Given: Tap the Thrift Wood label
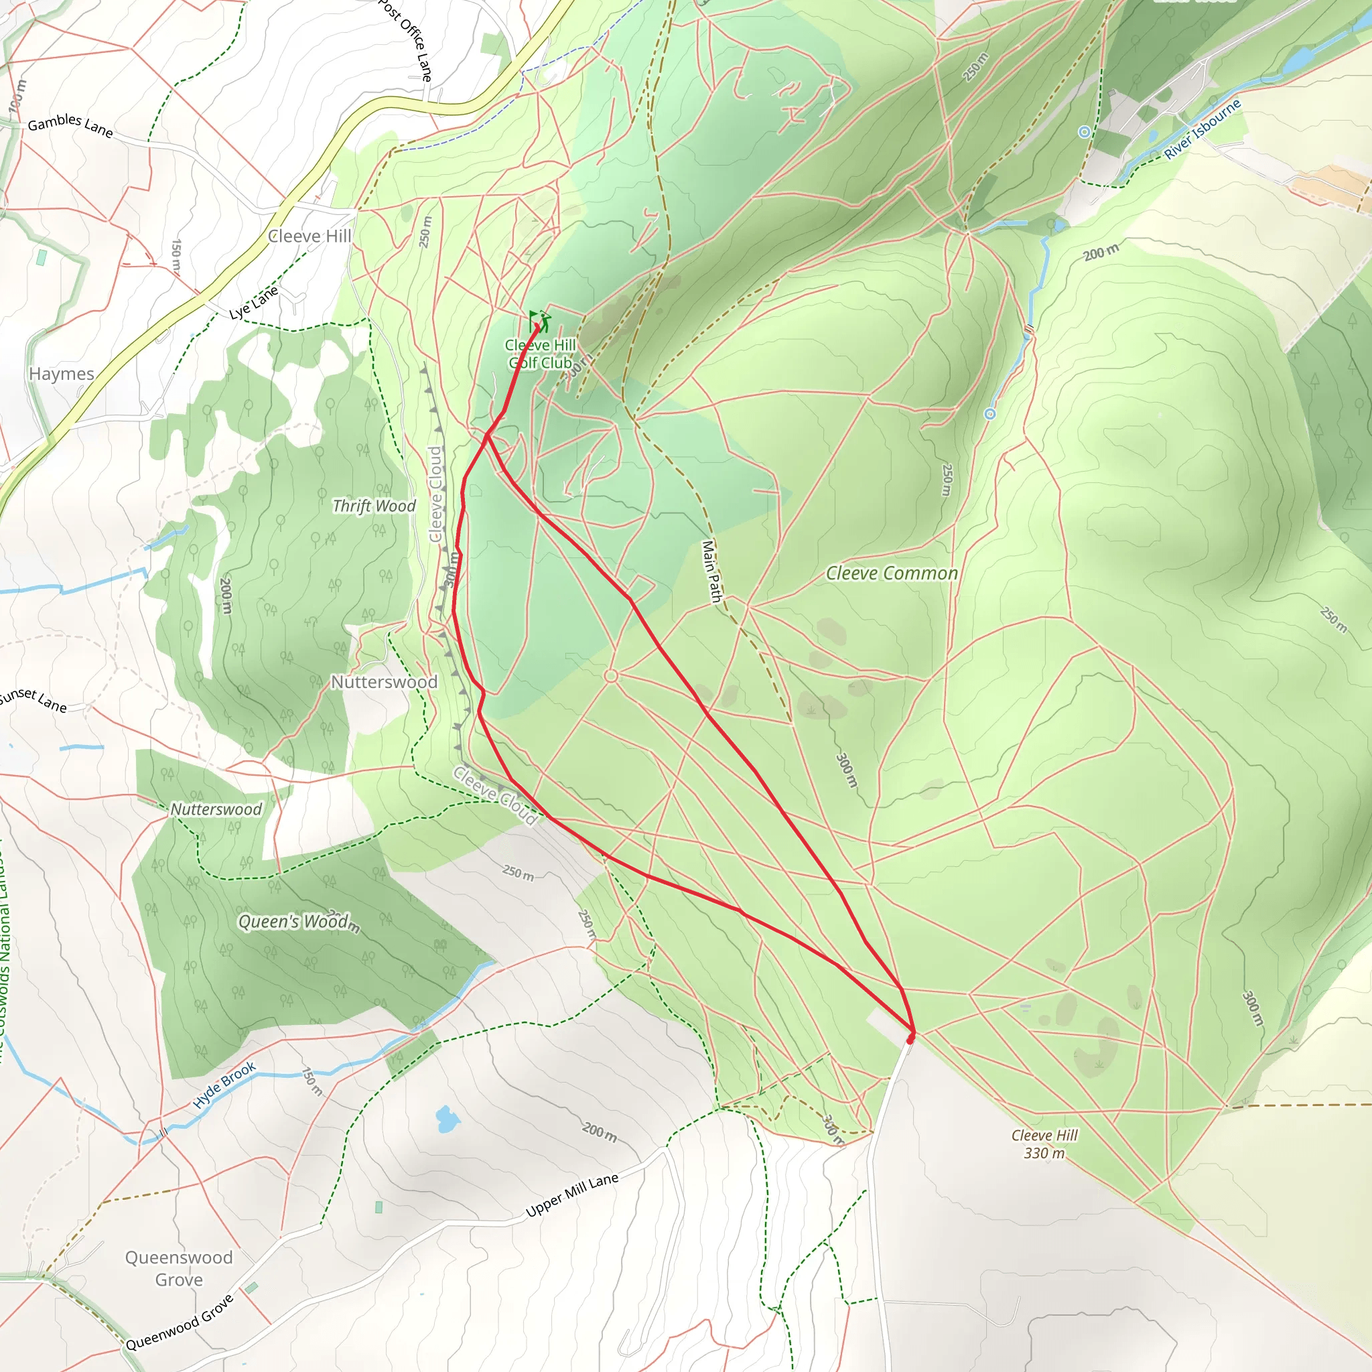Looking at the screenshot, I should [374, 506].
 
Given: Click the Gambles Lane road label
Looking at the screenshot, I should [70, 125].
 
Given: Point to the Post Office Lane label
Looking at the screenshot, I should [405, 40].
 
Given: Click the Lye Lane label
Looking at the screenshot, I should [253, 303].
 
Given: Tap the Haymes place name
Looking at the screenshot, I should [61, 374].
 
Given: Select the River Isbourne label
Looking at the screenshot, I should [1202, 129].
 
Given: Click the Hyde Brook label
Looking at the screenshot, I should [224, 1086].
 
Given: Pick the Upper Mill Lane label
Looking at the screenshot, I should [571, 1194].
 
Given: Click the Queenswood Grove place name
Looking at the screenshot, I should [178, 1268].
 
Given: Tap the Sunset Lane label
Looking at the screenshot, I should [33, 699].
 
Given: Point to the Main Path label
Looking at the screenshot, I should [711, 571].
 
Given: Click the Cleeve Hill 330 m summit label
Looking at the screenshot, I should [1044, 1144].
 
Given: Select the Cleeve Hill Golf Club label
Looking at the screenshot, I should [540, 354].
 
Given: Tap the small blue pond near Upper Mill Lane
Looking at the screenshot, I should [446, 1119].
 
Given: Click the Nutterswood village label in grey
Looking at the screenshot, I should [384, 682].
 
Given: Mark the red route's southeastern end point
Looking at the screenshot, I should [910, 1039].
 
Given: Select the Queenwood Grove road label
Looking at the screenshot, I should [179, 1323].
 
